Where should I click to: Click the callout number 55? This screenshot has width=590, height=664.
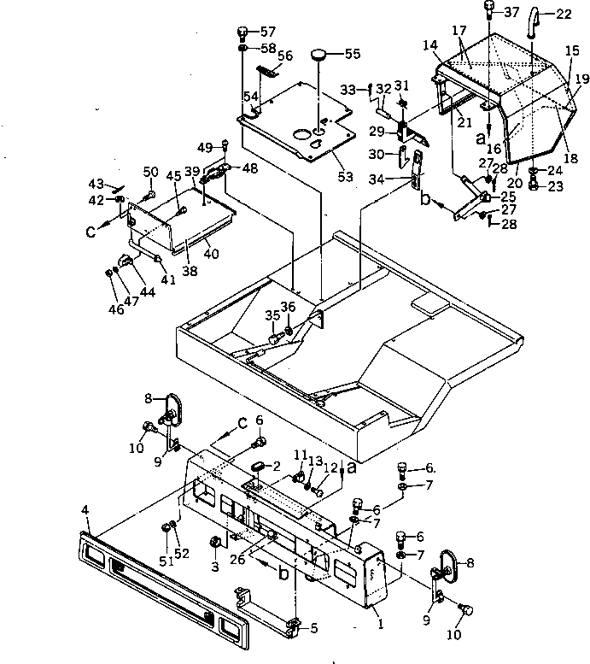click(352, 53)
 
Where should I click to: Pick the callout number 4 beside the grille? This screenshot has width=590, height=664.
click(85, 510)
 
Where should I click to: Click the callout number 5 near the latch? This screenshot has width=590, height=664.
click(313, 628)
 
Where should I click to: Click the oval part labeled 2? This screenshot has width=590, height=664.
click(257, 465)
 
